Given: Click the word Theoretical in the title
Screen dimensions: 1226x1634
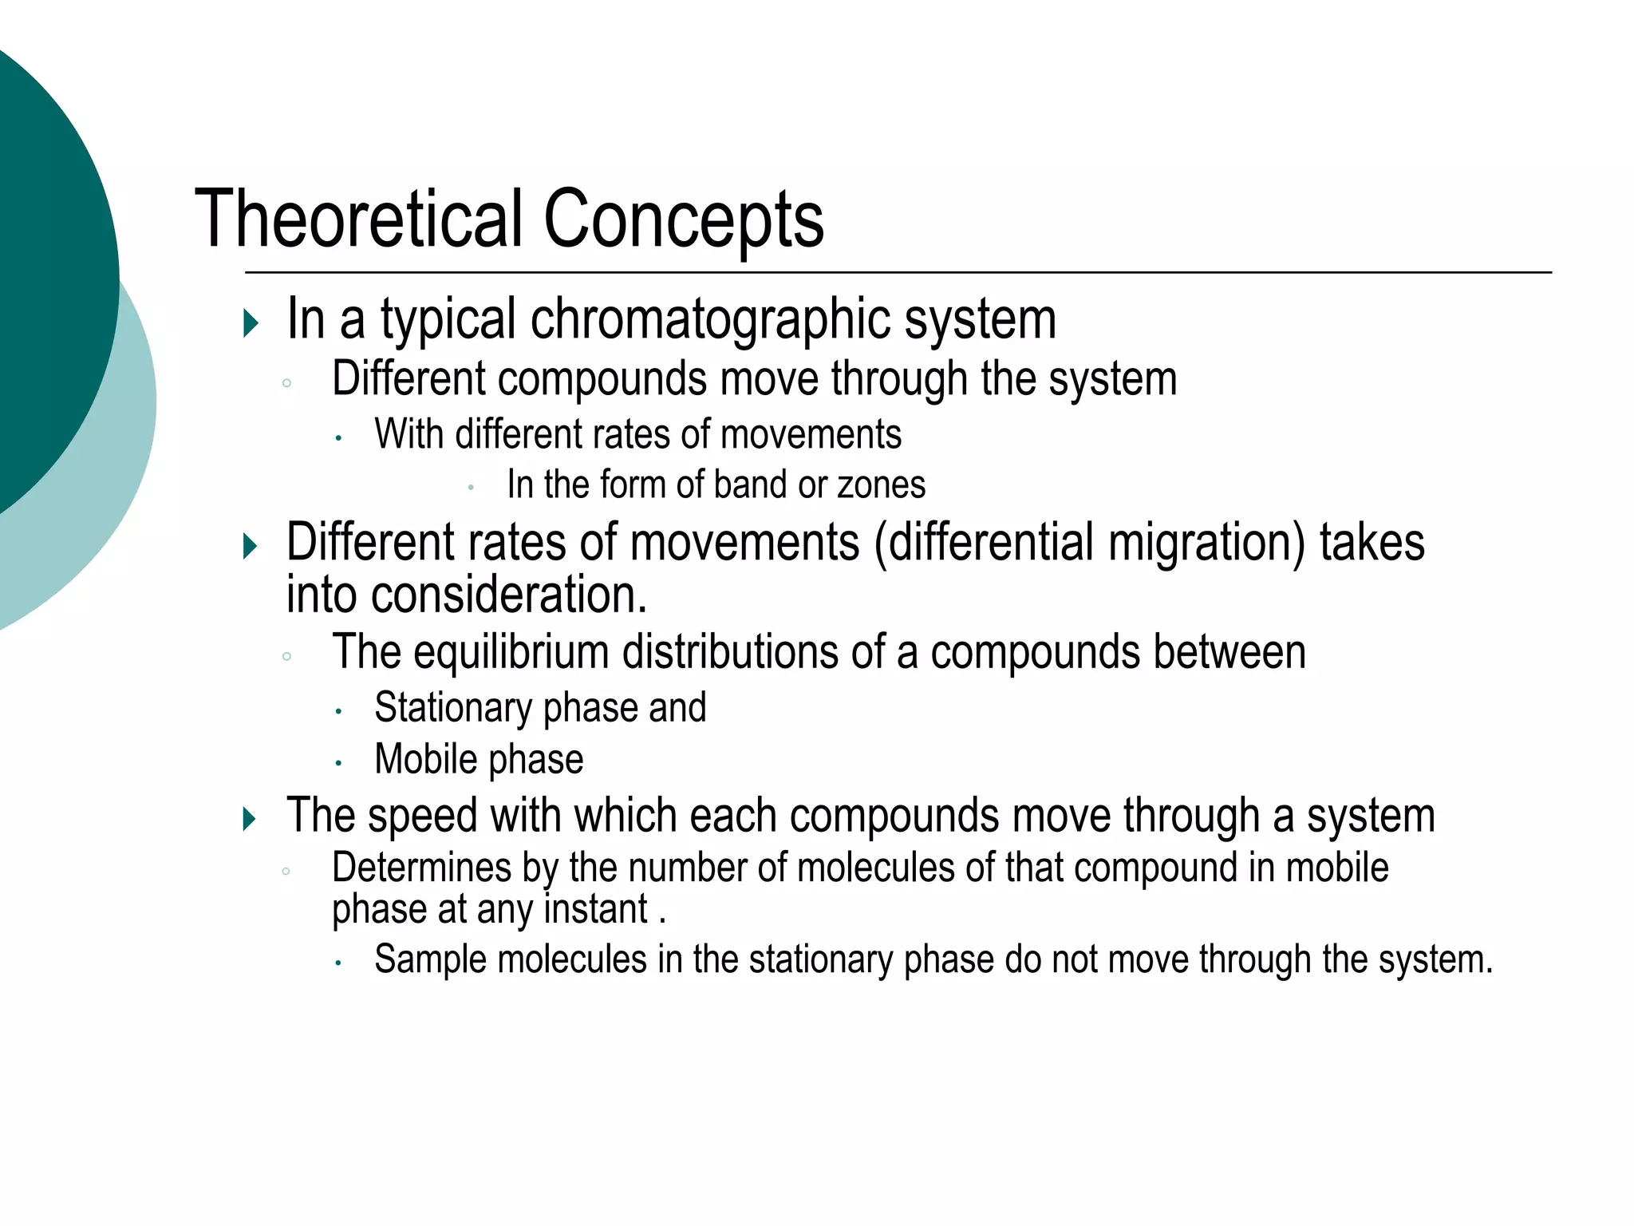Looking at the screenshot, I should coord(359,219).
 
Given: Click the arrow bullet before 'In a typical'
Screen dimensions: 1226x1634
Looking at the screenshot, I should coord(251,323).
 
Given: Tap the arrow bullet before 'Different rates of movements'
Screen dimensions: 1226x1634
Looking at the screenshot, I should coord(251,547).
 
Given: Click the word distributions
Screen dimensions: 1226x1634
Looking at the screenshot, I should coord(730,652).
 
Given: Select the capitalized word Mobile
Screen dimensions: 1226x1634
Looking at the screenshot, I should coord(425,759).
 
